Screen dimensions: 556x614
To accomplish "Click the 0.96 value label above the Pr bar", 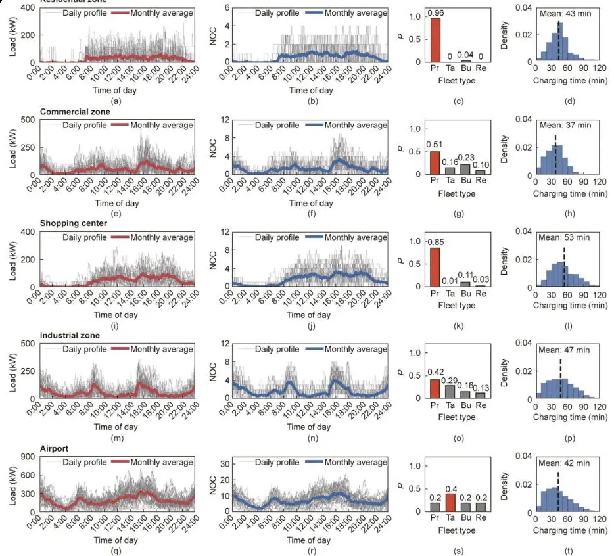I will (435, 12).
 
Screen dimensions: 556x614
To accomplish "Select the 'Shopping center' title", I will (74, 223).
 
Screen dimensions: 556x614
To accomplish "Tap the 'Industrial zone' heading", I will (70, 335).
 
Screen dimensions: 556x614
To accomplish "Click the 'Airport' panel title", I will (55, 448).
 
